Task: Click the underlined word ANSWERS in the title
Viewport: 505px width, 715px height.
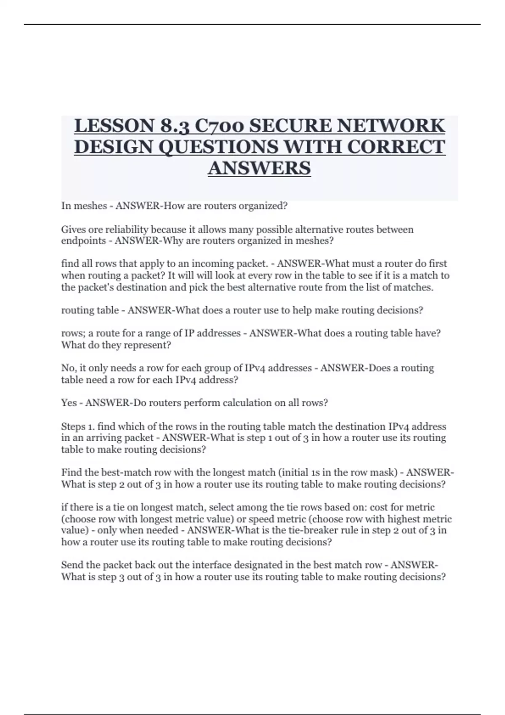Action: tap(259, 168)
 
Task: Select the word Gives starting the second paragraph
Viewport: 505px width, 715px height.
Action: tap(74, 230)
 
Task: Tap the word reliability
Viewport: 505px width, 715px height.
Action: tap(127, 230)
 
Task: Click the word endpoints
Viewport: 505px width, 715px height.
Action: tap(83, 241)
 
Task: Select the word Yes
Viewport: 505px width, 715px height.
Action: tap(69, 403)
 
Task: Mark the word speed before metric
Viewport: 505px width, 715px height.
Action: tap(262, 519)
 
